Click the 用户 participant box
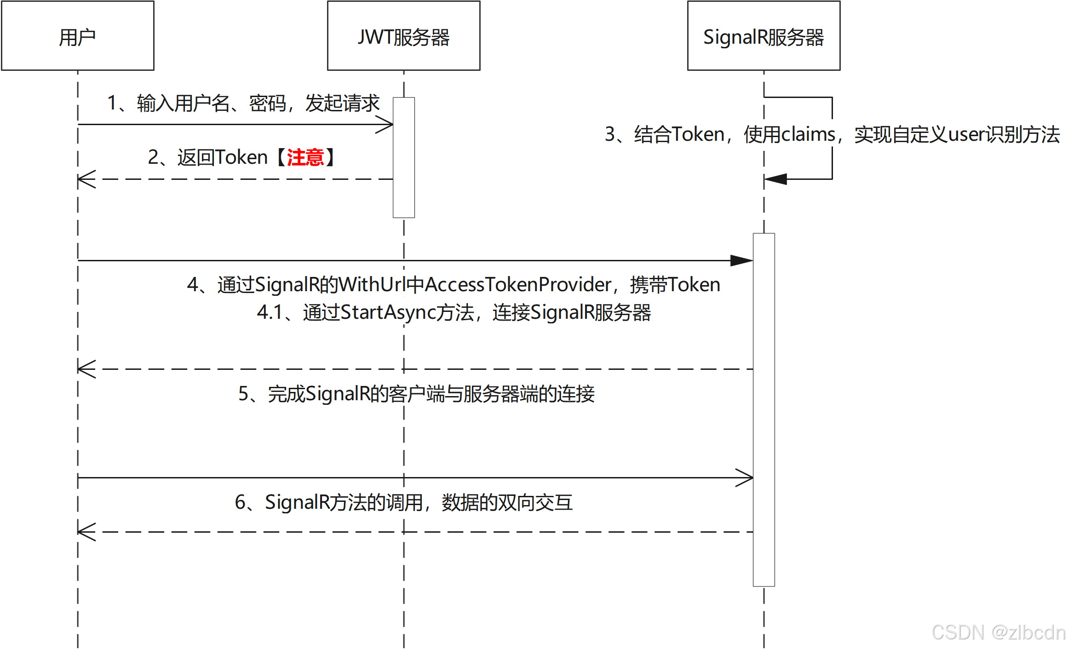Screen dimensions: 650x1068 click(77, 36)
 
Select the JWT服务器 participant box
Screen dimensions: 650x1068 click(403, 36)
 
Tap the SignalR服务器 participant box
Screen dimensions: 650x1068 click(764, 36)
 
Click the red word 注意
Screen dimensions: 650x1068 click(305, 157)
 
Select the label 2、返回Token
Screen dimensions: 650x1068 click(208, 157)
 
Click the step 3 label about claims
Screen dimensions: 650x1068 click(832, 134)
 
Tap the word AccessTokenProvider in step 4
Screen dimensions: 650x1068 click(518, 284)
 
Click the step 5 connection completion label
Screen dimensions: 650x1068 click(416, 393)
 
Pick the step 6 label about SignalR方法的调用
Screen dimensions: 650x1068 click(403, 502)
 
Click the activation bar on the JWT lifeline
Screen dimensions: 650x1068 click(403, 157)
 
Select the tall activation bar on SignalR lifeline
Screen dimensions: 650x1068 click(764, 409)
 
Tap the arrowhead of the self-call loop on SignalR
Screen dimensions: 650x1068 click(775, 179)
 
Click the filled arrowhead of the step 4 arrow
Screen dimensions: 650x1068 click(742, 261)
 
